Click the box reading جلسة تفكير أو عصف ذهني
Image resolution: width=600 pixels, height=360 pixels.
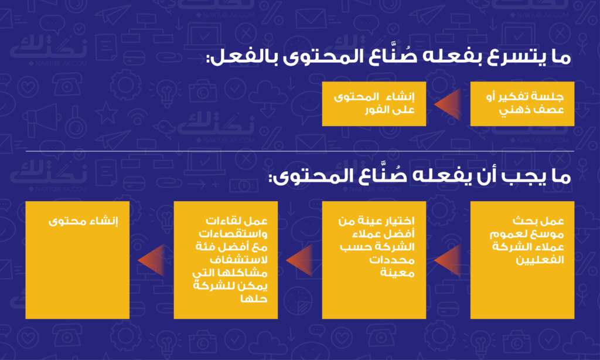(522, 104)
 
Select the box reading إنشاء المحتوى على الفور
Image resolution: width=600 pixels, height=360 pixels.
(374, 104)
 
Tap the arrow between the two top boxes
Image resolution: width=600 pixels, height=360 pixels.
(448, 104)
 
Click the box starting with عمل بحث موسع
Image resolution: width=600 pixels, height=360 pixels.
(522, 260)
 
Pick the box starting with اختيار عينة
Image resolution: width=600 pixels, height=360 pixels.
(374, 260)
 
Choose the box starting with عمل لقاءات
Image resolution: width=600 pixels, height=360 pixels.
(226, 260)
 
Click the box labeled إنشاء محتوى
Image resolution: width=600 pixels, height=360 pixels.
(77, 260)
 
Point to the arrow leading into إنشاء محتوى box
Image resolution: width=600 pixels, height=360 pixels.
(151, 260)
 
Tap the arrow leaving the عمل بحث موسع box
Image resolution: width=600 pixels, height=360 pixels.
(448, 260)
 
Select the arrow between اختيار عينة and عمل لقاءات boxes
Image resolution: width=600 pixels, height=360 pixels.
(299, 260)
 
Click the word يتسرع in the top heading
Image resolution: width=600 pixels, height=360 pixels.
(506, 58)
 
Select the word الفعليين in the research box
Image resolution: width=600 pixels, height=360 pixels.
(540, 260)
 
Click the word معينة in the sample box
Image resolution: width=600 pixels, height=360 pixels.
(397, 273)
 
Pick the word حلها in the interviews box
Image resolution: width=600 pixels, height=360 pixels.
(254, 298)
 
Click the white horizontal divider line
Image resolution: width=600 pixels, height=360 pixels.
(300, 151)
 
